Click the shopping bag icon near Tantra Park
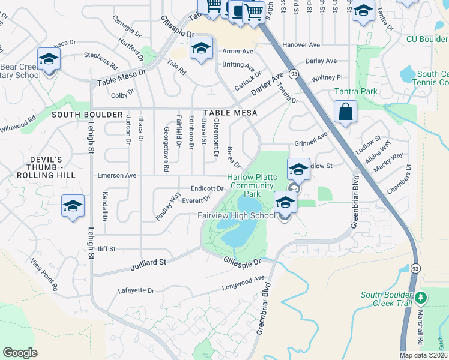tap(345, 112)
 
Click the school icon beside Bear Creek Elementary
tap(49, 59)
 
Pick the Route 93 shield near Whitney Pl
tap(294, 73)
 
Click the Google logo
tap(20, 353)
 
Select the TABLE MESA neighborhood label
tap(230, 113)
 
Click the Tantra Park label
tap(356, 92)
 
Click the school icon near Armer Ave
tap(202, 48)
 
